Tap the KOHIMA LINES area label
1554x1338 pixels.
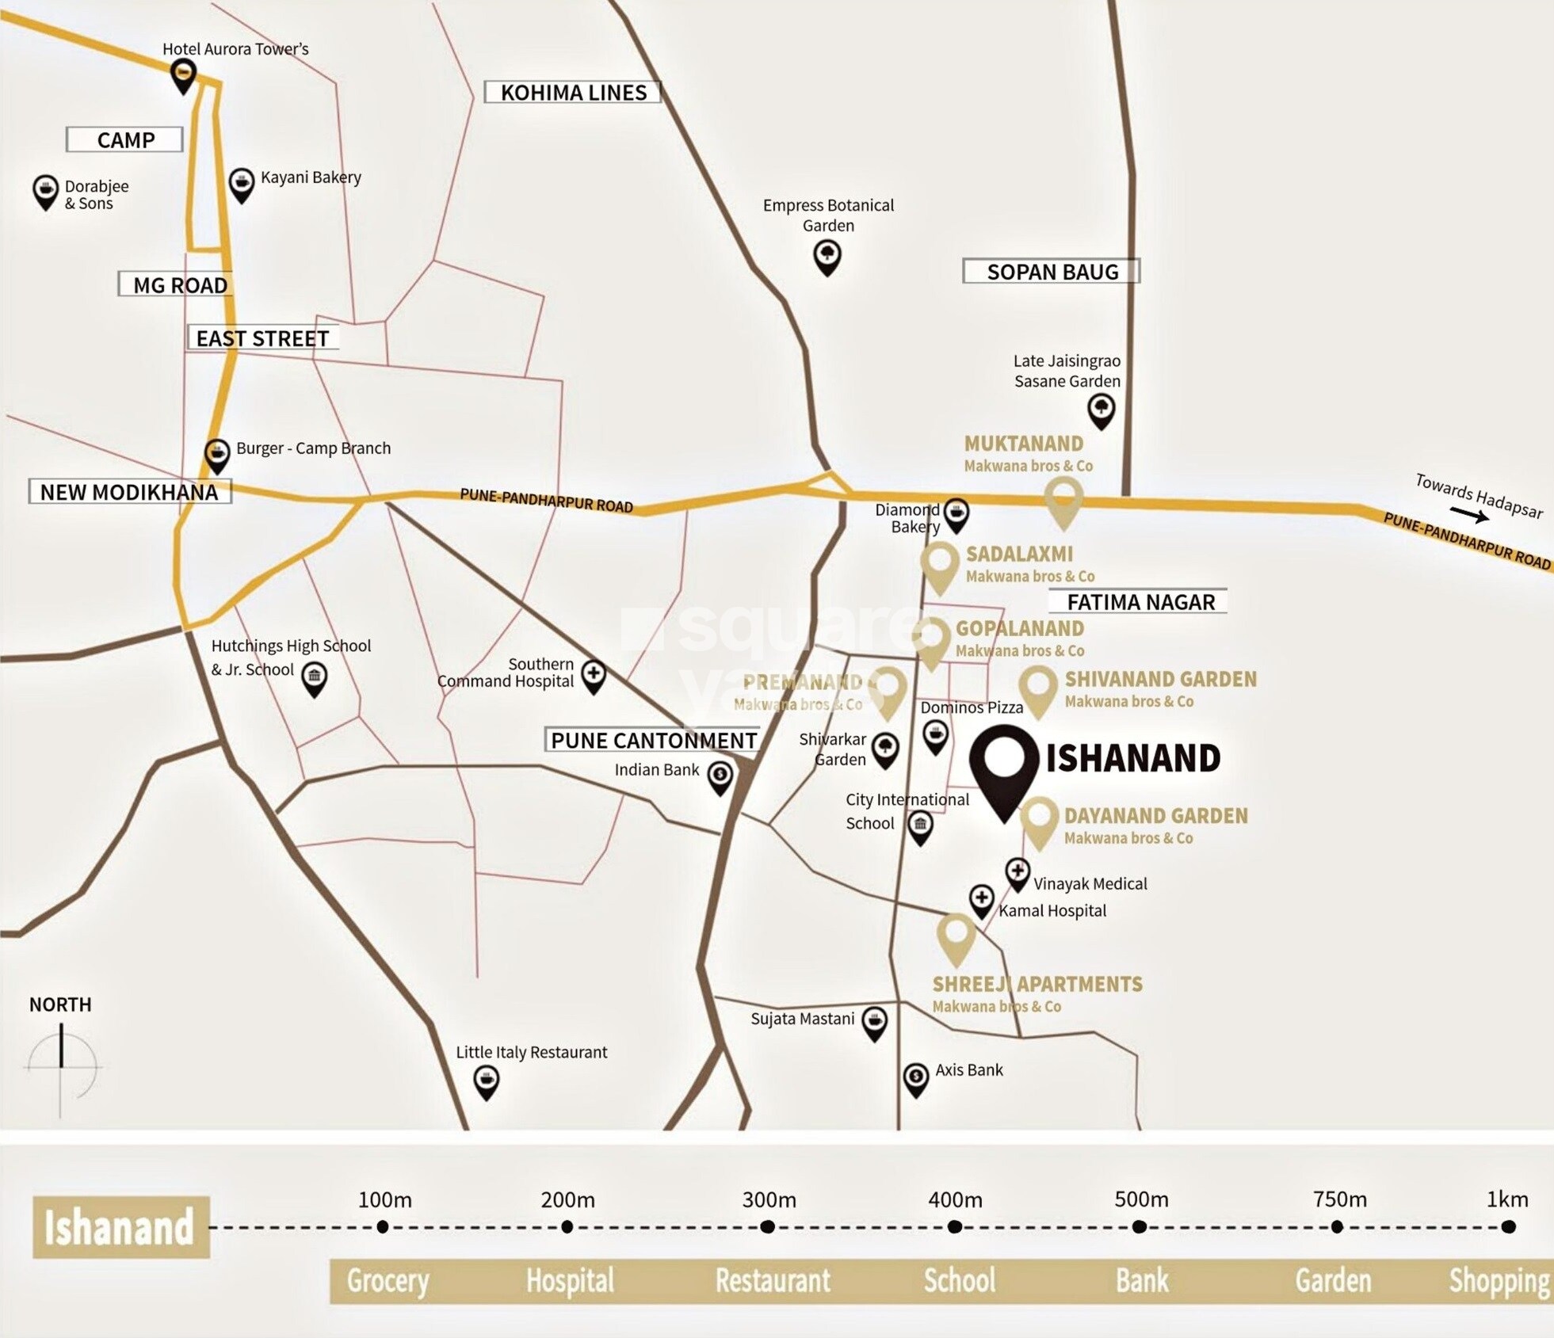tap(573, 93)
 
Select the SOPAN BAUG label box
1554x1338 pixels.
tap(1052, 272)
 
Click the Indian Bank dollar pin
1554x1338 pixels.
tap(720, 776)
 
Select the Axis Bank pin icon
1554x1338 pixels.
tap(916, 1078)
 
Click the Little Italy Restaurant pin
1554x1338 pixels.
tap(486, 1081)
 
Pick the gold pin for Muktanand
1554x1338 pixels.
tap(1063, 501)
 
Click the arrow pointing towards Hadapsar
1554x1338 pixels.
tap(1470, 516)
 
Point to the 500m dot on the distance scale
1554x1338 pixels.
tap(1140, 1227)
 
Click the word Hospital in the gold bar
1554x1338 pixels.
tap(570, 1280)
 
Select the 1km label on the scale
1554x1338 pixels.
tap(1506, 1199)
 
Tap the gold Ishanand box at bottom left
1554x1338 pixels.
tap(120, 1227)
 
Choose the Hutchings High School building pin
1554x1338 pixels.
tap(315, 679)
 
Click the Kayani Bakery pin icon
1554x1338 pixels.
tap(241, 185)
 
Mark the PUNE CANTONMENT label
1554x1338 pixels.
tap(653, 740)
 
